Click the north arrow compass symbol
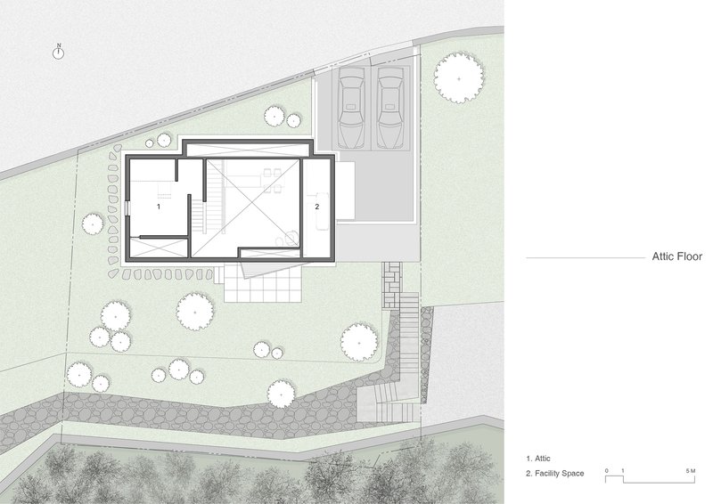pyautogui.click(x=58, y=53)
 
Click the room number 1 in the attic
pyautogui.click(x=159, y=207)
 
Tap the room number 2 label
pyautogui.click(x=317, y=207)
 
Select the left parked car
pyautogui.click(x=351, y=107)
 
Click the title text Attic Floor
pyautogui.click(x=677, y=256)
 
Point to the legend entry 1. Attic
pyautogui.click(x=538, y=459)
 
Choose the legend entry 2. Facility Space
pyautogui.click(x=554, y=474)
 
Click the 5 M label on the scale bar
pyautogui.click(x=690, y=471)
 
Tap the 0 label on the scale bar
pyautogui.click(x=607, y=471)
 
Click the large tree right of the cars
pyautogui.click(x=459, y=78)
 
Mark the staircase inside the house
pyautogui.click(x=198, y=217)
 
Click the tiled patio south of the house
pyautogui.click(x=263, y=283)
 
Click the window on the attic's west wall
pyautogui.click(x=127, y=208)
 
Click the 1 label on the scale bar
pyautogui.click(x=623, y=471)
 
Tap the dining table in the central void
pyautogui.click(x=272, y=180)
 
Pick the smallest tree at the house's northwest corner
pyautogui.click(x=150, y=143)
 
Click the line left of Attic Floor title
pyautogui.click(x=586, y=257)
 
